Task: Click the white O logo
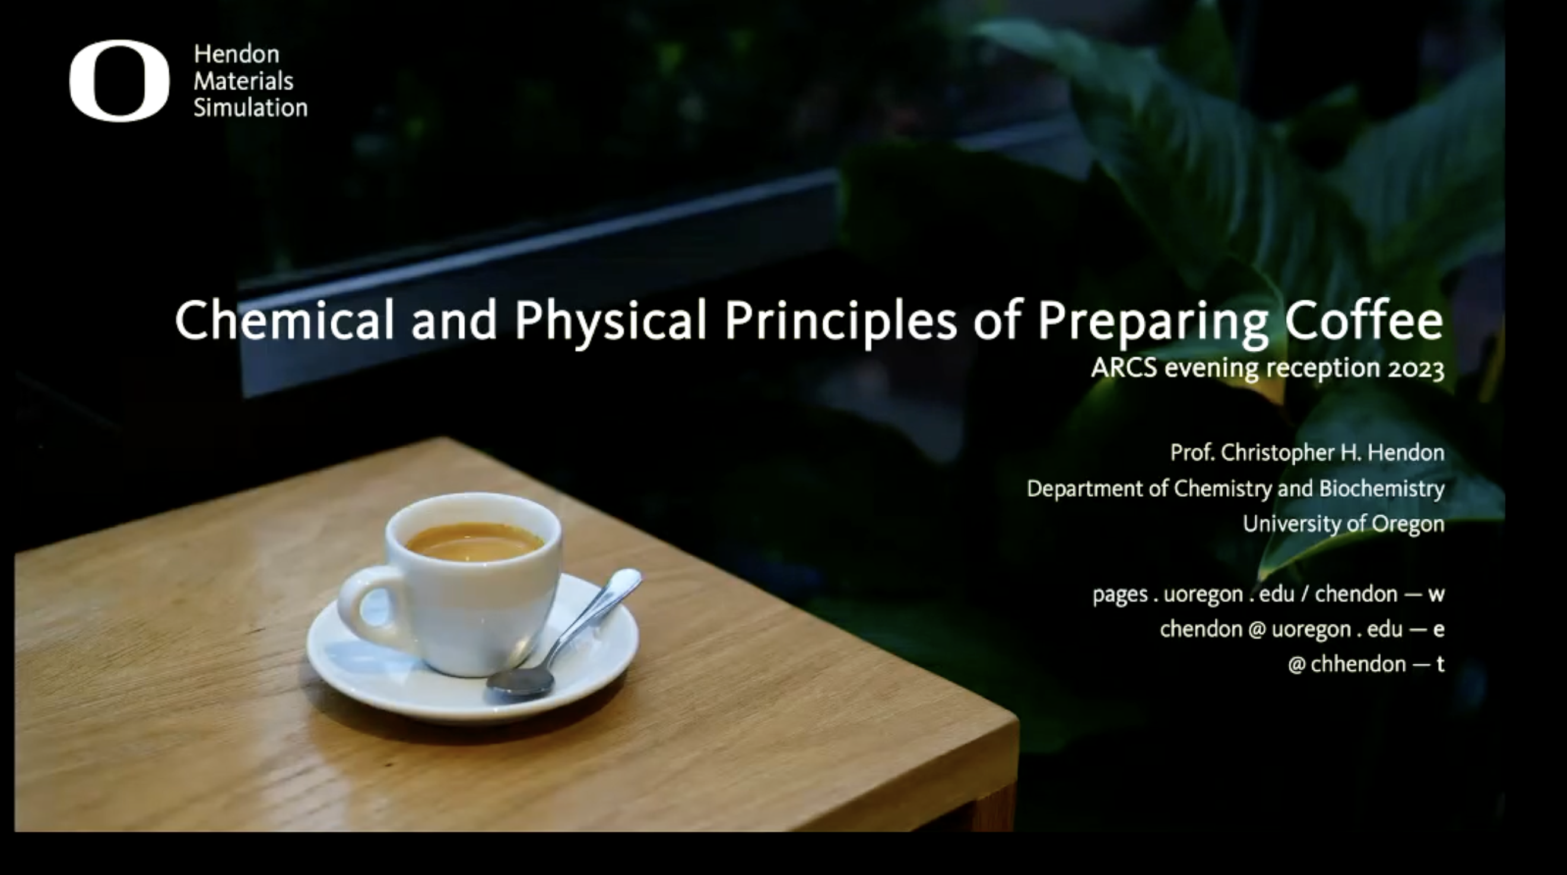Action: coord(119,81)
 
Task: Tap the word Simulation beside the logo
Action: coord(250,107)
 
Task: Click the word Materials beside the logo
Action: coord(243,81)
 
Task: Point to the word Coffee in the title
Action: coord(1363,320)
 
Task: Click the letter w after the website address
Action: coord(1436,594)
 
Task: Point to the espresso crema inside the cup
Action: coord(474,541)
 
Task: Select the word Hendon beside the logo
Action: coord(237,54)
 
